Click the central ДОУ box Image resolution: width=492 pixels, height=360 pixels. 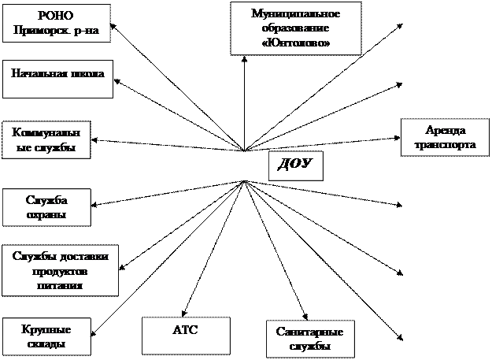295,165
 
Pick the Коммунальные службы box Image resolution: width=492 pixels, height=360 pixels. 46,140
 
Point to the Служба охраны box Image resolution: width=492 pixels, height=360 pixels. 46,207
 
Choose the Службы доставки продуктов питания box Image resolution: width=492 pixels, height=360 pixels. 61,271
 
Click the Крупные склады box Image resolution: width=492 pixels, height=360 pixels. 46,336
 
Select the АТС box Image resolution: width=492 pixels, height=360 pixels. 185,335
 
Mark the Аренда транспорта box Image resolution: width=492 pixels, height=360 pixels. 445,138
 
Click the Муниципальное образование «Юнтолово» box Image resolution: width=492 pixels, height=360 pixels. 295,28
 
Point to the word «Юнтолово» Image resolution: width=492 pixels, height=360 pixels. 295,43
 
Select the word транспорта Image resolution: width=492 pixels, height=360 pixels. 445,146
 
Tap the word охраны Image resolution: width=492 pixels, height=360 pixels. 46,214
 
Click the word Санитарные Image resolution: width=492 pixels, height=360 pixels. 309,332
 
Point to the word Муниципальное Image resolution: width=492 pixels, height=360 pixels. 295,15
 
